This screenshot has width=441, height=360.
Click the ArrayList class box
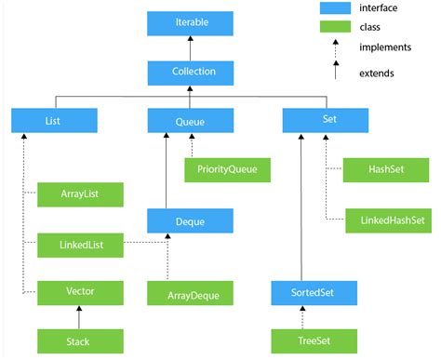click(x=80, y=194)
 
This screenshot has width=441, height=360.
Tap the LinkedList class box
click(x=80, y=245)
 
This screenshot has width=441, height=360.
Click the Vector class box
click(x=80, y=291)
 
